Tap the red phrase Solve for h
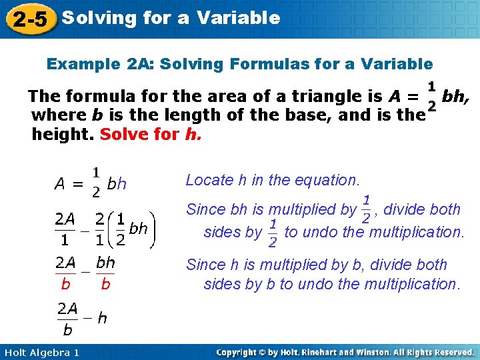[x=150, y=134]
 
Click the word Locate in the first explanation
[x=207, y=180]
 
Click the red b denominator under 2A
[x=65, y=284]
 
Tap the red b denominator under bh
[x=105, y=284]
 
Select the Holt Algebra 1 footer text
[x=41, y=352]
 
